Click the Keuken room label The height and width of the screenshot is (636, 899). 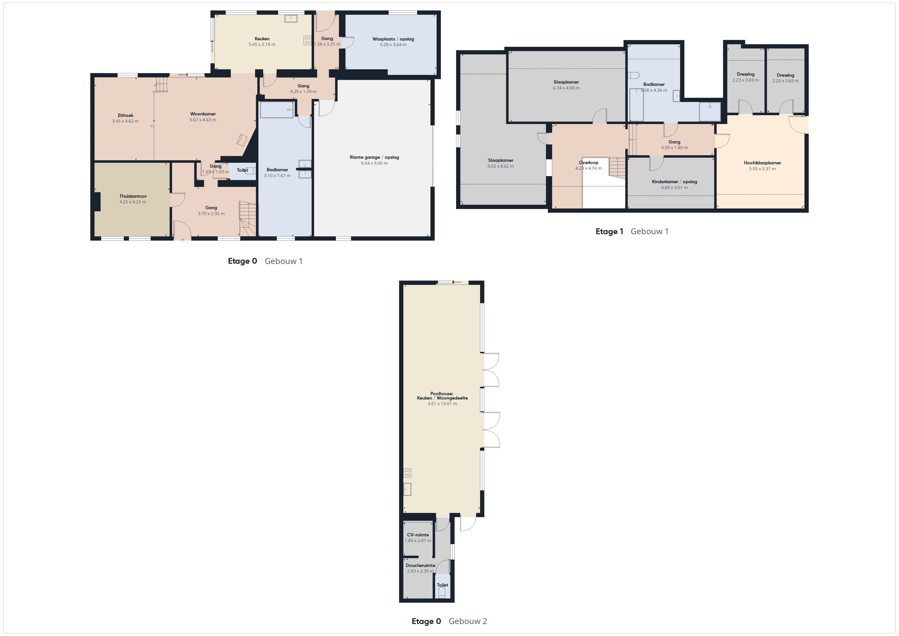point(262,39)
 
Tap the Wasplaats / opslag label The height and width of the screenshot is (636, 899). point(393,39)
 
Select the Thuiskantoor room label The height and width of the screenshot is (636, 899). point(133,196)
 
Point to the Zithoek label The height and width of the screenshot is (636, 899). point(125,115)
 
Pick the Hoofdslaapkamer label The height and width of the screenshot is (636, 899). point(762,163)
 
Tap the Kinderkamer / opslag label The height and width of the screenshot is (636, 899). point(674,182)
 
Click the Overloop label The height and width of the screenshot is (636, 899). point(588,163)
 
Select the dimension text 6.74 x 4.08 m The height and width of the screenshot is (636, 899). point(566,88)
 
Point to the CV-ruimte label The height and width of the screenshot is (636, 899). point(418,535)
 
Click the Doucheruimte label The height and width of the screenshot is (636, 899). point(420,565)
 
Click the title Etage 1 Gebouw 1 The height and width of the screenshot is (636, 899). point(632,231)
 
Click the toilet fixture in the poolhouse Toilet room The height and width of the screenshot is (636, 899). point(442,592)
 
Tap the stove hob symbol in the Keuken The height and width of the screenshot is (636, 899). point(307,40)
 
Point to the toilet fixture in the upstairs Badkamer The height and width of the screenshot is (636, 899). point(633,75)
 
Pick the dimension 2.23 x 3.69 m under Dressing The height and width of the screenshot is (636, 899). point(746,80)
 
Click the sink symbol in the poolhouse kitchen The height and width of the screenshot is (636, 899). point(408,489)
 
